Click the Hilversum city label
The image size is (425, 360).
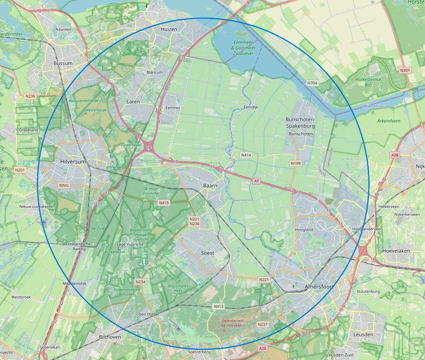tap(73, 161)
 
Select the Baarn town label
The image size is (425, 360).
tap(210, 185)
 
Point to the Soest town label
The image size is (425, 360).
tap(207, 253)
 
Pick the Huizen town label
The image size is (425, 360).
tap(169, 29)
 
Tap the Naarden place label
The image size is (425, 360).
tap(63, 29)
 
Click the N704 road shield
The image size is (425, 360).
tap(312, 83)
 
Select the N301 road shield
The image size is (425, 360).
tap(405, 70)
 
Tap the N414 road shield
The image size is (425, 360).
tap(246, 155)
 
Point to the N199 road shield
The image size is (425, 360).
tap(295, 163)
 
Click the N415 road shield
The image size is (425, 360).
tap(164, 202)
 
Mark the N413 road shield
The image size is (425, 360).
tap(219, 306)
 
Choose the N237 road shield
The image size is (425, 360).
tap(262, 324)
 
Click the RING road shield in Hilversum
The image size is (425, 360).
tap(64, 185)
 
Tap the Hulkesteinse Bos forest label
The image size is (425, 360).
tap(368, 82)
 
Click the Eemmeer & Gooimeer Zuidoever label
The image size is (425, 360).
tap(243, 48)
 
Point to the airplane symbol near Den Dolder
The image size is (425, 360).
tap(178, 329)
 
